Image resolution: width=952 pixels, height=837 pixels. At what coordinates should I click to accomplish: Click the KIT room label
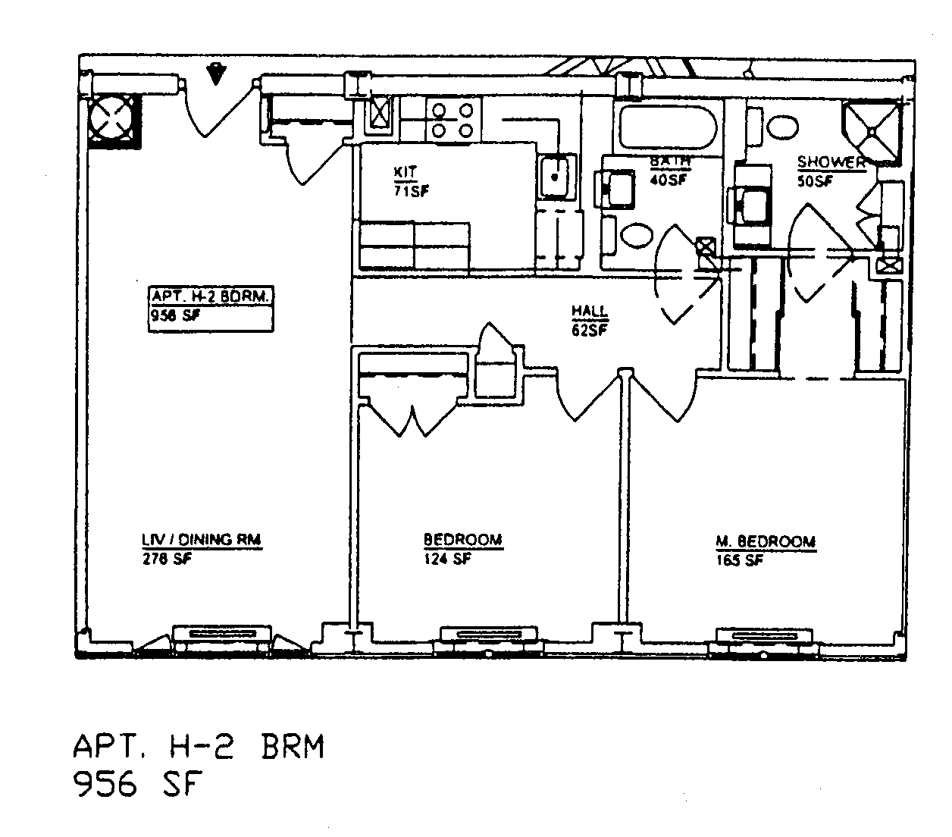(x=406, y=172)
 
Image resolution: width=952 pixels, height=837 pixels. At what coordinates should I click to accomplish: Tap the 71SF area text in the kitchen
(x=411, y=191)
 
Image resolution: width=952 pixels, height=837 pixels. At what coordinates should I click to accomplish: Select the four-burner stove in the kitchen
(x=453, y=121)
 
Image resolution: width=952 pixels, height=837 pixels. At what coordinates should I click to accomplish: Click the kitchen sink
(x=557, y=177)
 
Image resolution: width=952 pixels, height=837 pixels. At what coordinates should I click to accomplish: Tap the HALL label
(x=590, y=312)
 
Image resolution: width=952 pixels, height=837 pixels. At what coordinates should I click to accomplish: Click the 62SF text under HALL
(x=590, y=330)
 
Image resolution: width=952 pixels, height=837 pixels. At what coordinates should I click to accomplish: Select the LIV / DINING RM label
(x=202, y=540)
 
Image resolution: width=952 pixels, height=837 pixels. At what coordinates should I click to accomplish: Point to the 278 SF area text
(x=167, y=560)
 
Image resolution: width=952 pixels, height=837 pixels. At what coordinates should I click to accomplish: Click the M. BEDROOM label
(x=766, y=541)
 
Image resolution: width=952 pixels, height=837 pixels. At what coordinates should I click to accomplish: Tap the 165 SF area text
(x=738, y=561)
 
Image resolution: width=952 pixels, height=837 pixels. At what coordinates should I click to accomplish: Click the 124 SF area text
(x=447, y=560)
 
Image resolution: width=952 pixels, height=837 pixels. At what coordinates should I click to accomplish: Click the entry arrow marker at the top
(x=217, y=74)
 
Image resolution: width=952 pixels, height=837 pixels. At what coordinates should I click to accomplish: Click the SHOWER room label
(x=831, y=162)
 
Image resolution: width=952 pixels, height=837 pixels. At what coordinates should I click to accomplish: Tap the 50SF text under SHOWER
(x=814, y=181)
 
